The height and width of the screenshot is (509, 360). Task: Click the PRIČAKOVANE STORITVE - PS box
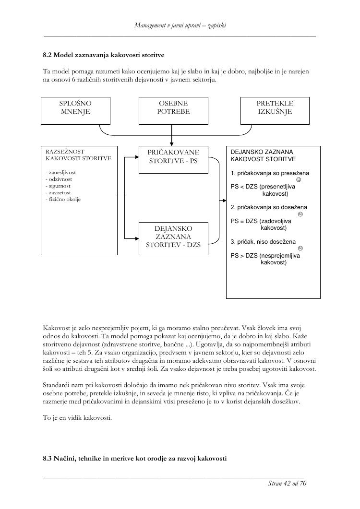[x=173, y=157]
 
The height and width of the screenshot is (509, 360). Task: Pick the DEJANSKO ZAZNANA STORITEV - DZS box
[x=173, y=237]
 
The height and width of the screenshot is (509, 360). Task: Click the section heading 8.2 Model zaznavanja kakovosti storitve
[x=104, y=55]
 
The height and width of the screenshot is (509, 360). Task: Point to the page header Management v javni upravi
[x=180, y=25]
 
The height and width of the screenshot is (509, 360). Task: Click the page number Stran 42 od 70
[x=287, y=483]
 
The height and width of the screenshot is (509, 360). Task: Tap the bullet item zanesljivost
[x=60, y=172]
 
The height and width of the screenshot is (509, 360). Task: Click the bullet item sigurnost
[x=58, y=185]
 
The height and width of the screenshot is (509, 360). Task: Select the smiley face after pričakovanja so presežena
[x=299, y=180]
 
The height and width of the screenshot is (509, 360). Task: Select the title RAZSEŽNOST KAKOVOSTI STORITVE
[x=78, y=154]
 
